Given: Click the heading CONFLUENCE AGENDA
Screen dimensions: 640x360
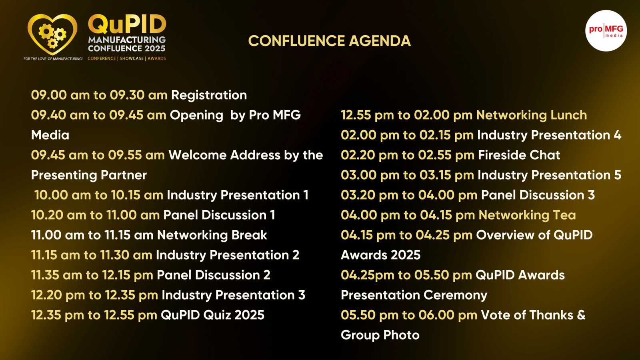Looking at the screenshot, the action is tap(330, 41).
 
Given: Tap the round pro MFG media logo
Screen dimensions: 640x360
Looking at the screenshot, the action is tap(606, 31).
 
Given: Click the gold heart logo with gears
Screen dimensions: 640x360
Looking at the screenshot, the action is tap(52, 34).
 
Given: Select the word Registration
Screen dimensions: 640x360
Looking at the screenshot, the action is tap(209, 95).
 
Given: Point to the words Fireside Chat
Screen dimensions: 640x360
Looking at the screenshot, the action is tap(519, 155).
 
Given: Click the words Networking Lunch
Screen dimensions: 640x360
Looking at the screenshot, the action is tap(532, 115).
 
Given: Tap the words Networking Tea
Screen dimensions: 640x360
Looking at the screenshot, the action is tap(527, 215).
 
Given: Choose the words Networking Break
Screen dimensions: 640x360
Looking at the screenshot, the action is tap(212, 235).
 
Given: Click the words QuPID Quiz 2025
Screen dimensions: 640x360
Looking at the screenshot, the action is tap(212, 315).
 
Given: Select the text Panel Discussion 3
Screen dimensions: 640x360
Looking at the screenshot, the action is tap(538, 195).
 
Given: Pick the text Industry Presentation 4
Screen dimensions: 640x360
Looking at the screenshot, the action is tap(549, 135).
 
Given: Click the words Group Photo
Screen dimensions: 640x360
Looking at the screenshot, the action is tap(380, 335).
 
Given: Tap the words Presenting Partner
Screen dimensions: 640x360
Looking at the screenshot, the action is tap(89, 175).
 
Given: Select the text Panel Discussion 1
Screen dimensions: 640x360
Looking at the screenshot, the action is tap(219, 215).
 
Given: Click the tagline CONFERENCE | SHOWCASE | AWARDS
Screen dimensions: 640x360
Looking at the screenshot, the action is tap(127, 58).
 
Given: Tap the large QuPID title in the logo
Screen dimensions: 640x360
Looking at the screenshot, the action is tap(127, 24).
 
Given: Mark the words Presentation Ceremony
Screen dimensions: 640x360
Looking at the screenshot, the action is tap(414, 295).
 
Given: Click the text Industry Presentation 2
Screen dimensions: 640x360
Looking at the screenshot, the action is tap(228, 255).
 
